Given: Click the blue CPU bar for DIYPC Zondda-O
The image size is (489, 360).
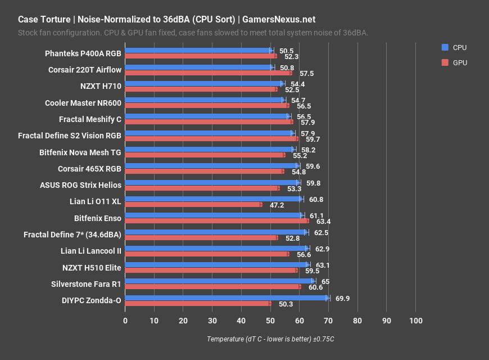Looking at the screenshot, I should click(225, 298).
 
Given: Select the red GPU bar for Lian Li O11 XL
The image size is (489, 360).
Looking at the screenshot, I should click(193, 204).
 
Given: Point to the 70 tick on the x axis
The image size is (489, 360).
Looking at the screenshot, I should click(328, 321).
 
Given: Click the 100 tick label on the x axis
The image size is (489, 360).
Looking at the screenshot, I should click(415, 321).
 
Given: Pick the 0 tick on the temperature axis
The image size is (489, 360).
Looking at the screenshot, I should click(125, 321).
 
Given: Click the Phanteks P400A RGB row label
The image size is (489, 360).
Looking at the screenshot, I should click(83, 54).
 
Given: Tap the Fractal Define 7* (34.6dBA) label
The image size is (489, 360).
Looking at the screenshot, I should click(72, 233).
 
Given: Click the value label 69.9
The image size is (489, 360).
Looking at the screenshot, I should click(342, 298).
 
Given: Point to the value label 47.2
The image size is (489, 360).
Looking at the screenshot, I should click(277, 205).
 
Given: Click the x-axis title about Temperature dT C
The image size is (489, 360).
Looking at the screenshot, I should click(270, 339).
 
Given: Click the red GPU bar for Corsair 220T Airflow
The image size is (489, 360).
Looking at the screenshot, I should click(208, 73).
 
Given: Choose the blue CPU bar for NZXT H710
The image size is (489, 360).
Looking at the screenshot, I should click(204, 83).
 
